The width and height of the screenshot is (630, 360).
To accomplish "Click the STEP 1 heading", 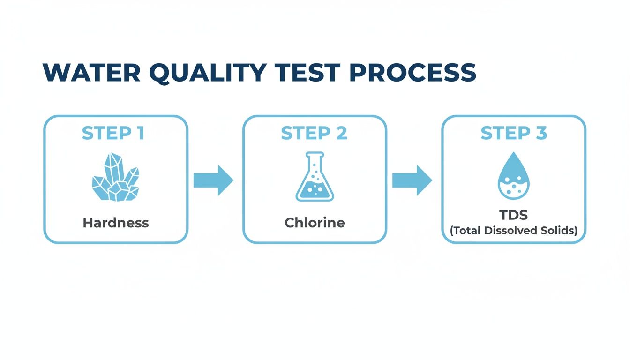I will [x=113, y=134].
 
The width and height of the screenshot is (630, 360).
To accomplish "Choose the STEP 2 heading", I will [x=314, y=134].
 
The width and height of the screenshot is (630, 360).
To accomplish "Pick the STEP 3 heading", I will [x=514, y=134].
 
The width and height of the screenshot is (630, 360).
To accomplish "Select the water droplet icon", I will [x=514, y=176].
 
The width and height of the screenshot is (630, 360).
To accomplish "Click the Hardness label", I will [x=116, y=223].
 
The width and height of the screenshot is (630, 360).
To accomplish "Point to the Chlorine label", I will [x=315, y=223].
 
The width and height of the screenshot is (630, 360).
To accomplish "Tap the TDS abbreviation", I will [x=514, y=215].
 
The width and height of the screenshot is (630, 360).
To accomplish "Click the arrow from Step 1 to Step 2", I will [x=213, y=180].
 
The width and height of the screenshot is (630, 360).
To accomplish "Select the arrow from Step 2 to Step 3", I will [x=412, y=180].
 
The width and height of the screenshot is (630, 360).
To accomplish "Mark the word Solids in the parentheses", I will [x=560, y=231].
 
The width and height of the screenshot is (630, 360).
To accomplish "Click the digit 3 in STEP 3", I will [x=541, y=134].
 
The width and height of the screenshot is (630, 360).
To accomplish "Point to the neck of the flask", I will [x=315, y=161].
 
